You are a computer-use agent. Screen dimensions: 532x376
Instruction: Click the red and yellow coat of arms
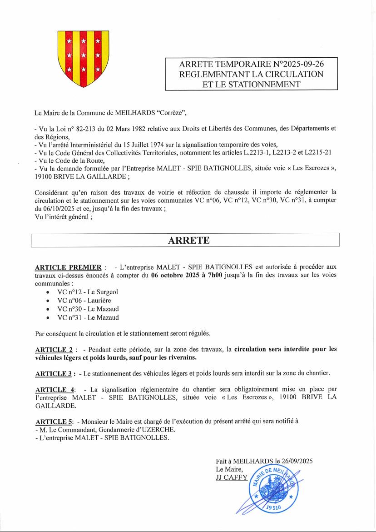[84, 59]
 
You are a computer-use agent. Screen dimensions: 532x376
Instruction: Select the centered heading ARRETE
[189, 241]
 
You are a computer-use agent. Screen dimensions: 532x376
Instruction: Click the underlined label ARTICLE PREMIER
[68, 267]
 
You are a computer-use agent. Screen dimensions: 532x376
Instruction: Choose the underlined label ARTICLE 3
[54, 374]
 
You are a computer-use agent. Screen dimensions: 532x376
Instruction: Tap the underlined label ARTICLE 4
[54, 390]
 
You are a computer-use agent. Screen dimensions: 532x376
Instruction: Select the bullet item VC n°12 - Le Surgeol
[87, 292]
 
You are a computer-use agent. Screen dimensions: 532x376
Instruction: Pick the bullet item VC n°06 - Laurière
[84, 301]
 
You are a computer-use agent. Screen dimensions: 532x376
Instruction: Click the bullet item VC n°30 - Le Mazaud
[88, 309]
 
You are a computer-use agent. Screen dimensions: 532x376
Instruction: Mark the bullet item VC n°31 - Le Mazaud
[88, 318]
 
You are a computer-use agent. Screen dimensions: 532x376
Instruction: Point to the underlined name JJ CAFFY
[232, 477]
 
